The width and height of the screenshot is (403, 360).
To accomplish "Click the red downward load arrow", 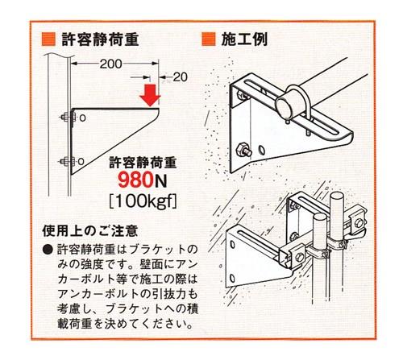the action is (150, 95).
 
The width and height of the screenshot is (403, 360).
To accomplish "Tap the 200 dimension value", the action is (110, 64).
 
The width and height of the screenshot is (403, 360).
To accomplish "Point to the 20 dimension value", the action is (180, 77).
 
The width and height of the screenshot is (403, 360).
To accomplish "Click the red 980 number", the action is (135, 180).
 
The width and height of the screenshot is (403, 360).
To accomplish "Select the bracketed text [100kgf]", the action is (143, 201).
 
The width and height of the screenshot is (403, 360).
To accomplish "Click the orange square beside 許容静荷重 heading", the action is (48, 39).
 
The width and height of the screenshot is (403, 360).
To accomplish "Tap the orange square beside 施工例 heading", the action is (209, 39).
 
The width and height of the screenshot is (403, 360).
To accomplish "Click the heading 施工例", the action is (244, 39).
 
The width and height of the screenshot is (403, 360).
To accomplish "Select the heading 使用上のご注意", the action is (89, 231).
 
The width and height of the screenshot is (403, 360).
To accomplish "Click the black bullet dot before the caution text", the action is (48, 250).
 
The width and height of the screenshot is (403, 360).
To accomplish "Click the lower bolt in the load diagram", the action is (68, 161).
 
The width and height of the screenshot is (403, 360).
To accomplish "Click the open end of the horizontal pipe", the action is (285, 106).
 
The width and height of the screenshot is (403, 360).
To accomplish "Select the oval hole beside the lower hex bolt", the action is (261, 151).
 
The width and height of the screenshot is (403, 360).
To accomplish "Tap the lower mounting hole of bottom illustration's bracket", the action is (232, 278).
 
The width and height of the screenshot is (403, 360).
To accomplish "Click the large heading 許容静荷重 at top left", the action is (100, 39).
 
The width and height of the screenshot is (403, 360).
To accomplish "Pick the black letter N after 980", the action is (160, 180).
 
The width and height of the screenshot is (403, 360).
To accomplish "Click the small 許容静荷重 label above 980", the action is (143, 163).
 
